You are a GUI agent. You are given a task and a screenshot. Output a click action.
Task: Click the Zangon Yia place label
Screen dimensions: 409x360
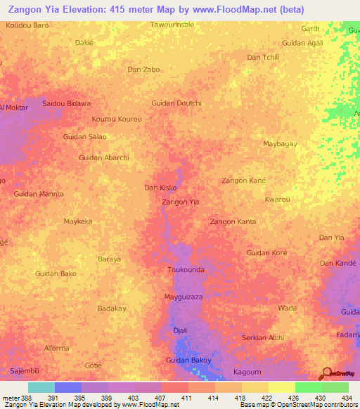(180, 202)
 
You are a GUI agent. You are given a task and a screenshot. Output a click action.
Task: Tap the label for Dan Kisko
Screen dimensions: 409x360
(160, 188)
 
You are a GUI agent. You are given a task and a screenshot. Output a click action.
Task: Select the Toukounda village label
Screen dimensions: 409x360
(186, 270)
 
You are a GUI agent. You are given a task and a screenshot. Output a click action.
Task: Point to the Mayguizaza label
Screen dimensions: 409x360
(184, 297)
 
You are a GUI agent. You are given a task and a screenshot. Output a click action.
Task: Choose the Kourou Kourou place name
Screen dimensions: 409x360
(117, 119)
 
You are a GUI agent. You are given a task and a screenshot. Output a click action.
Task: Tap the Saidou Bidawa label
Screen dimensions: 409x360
(67, 103)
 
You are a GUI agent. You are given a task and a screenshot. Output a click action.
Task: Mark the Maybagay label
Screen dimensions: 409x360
(280, 144)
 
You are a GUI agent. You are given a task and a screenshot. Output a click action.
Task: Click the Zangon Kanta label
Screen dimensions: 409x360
(233, 222)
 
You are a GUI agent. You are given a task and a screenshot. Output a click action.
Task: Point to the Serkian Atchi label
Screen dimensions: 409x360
(263, 338)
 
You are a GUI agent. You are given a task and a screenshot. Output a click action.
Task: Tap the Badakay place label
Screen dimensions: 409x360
(112, 309)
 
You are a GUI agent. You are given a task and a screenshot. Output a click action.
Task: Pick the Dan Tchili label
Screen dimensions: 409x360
(263, 57)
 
